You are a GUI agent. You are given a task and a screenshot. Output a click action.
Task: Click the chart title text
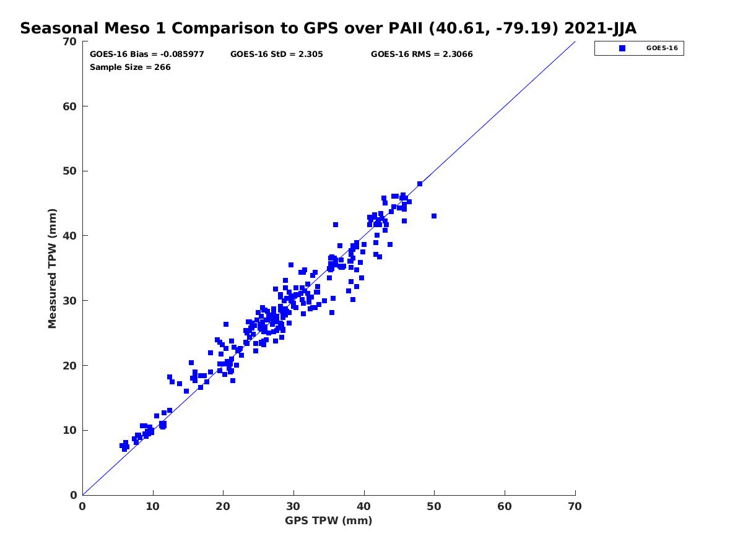pyautogui.click(x=328, y=28)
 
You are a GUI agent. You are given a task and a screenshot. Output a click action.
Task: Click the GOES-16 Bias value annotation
pyautogui.click(x=147, y=54)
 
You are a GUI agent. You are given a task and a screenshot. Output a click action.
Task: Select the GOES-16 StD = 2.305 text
pyautogui.click(x=276, y=54)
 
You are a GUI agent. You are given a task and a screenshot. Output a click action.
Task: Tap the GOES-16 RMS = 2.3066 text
pyautogui.click(x=422, y=54)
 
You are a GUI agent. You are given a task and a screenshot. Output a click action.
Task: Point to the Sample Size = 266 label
pyautogui.click(x=130, y=67)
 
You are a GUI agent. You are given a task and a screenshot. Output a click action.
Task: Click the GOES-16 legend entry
pyautogui.click(x=639, y=48)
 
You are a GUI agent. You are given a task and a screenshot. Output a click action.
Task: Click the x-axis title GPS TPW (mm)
pyautogui.click(x=328, y=520)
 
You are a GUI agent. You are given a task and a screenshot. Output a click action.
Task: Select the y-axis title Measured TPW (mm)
pyautogui.click(x=53, y=268)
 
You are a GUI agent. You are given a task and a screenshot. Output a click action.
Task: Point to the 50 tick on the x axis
pyautogui.click(x=435, y=506)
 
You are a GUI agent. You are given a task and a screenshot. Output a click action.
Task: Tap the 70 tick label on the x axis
pyautogui.click(x=575, y=506)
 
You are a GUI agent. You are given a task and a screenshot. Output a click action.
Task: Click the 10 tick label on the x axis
pyautogui.click(x=153, y=506)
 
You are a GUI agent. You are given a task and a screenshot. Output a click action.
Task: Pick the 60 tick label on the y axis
pyautogui.click(x=70, y=106)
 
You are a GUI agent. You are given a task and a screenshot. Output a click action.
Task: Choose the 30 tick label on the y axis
pyautogui.click(x=70, y=301)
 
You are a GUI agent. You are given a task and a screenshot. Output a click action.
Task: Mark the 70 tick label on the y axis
pyautogui.click(x=70, y=41)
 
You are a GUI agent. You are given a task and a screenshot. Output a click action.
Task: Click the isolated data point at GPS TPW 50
pyautogui.click(x=434, y=216)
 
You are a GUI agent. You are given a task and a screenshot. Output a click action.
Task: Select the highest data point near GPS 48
pyautogui.click(x=420, y=184)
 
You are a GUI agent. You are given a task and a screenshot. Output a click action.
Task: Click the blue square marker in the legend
pyautogui.click(x=622, y=48)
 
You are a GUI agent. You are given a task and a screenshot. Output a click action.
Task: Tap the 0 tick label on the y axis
pyautogui.click(x=73, y=495)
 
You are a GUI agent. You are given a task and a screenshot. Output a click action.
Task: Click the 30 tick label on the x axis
pyautogui.click(x=293, y=506)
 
